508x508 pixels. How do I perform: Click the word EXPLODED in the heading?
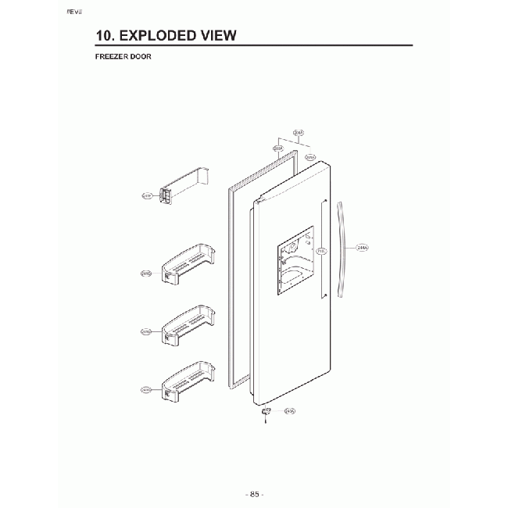(x=160, y=36)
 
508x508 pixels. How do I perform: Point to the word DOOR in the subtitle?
(x=141, y=56)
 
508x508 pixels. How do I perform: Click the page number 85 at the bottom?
(x=253, y=494)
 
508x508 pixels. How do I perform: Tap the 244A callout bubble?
(x=362, y=249)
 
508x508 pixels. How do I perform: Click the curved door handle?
(x=342, y=250)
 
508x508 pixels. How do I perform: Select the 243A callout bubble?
(x=289, y=411)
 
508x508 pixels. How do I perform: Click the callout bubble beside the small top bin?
(x=146, y=196)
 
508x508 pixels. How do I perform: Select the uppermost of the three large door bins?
(x=187, y=263)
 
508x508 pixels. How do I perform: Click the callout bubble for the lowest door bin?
(x=145, y=389)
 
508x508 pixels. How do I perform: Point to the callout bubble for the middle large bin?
(x=145, y=331)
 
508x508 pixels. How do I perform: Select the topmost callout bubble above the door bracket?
(x=299, y=133)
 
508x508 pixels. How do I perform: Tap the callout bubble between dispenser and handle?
(x=322, y=252)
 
